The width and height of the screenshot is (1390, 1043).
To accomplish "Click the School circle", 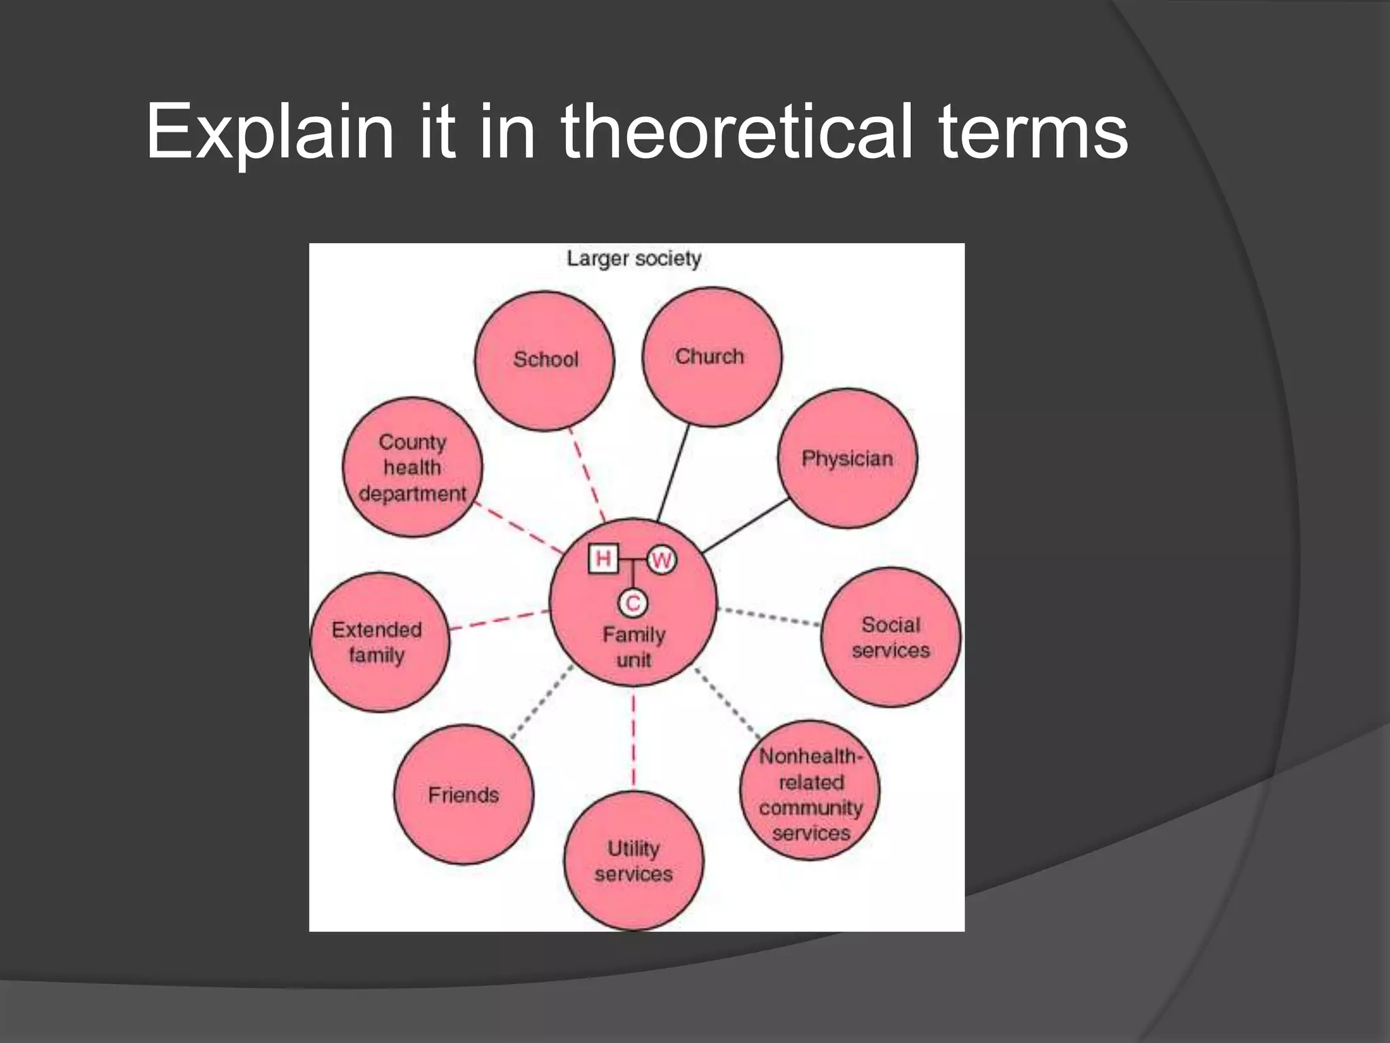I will tap(544, 361).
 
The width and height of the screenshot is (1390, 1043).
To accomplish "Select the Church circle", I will tap(711, 357).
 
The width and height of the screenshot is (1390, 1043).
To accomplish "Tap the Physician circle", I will tap(847, 458).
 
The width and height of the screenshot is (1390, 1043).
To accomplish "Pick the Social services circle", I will tap(890, 638).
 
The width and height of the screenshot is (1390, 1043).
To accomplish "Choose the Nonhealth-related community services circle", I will tap(810, 791).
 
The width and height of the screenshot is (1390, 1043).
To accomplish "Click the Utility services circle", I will tap(633, 861).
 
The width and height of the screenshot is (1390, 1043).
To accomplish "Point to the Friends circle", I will tap(464, 794).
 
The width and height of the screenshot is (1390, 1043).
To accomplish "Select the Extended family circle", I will tap(379, 642).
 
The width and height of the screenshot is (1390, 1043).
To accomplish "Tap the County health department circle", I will tap(413, 467).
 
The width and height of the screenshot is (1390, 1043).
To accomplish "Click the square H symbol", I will tap(603, 559).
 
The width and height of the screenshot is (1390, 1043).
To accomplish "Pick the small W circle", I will tap(661, 560).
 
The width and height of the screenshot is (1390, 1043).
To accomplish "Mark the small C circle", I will tap(633, 603).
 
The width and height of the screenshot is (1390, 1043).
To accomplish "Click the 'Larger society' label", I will tap(634, 259).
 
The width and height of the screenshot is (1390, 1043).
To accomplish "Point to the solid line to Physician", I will tap(745, 526).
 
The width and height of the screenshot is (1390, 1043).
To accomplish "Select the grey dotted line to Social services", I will tap(769, 616).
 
